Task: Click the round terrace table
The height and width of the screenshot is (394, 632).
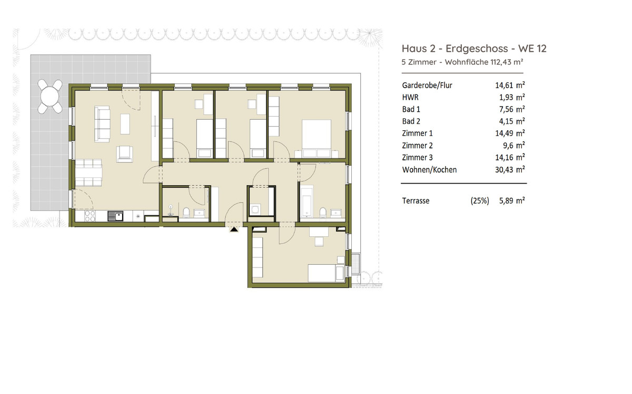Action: pyautogui.click(x=50, y=97)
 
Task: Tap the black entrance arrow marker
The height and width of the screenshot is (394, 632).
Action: pyautogui.click(x=234, y=229)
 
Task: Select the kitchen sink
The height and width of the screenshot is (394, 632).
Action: pyautogui.click(x=115, y=216)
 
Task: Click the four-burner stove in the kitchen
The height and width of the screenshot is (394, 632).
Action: pyautogui.click(x=90, y=216)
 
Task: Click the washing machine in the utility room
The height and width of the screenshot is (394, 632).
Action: pyautogui.click(x=255, y=209)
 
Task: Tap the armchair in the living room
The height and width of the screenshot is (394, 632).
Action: pyautogui.click(x=124, y=154)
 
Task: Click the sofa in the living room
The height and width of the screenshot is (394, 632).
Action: pyautogui.click(x=102, y=124)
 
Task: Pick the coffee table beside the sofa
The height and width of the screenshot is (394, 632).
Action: pyautogui.click(x=125, y=124)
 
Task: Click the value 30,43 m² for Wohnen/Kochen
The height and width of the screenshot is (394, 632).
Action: pyautogui.click(x=510, y=170)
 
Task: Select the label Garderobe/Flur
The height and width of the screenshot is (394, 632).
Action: pyautogui.click(x=427, y=85)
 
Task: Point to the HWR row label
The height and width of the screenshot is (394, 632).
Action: pyautogui.click(x=410, y=98)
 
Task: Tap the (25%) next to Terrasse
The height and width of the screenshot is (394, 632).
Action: pyautogui.click(x=480, y=200)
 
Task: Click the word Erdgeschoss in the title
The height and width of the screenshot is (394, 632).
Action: pyautogui.click(x=477, y=49)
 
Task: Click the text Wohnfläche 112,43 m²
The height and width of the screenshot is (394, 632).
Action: pyautogui.click(x=484, y=62)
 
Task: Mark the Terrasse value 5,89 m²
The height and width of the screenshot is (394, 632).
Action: pyautogui.click(x=512, y=200)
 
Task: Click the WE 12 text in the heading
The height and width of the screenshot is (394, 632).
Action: pyautogui.click(x=532, y=49)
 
